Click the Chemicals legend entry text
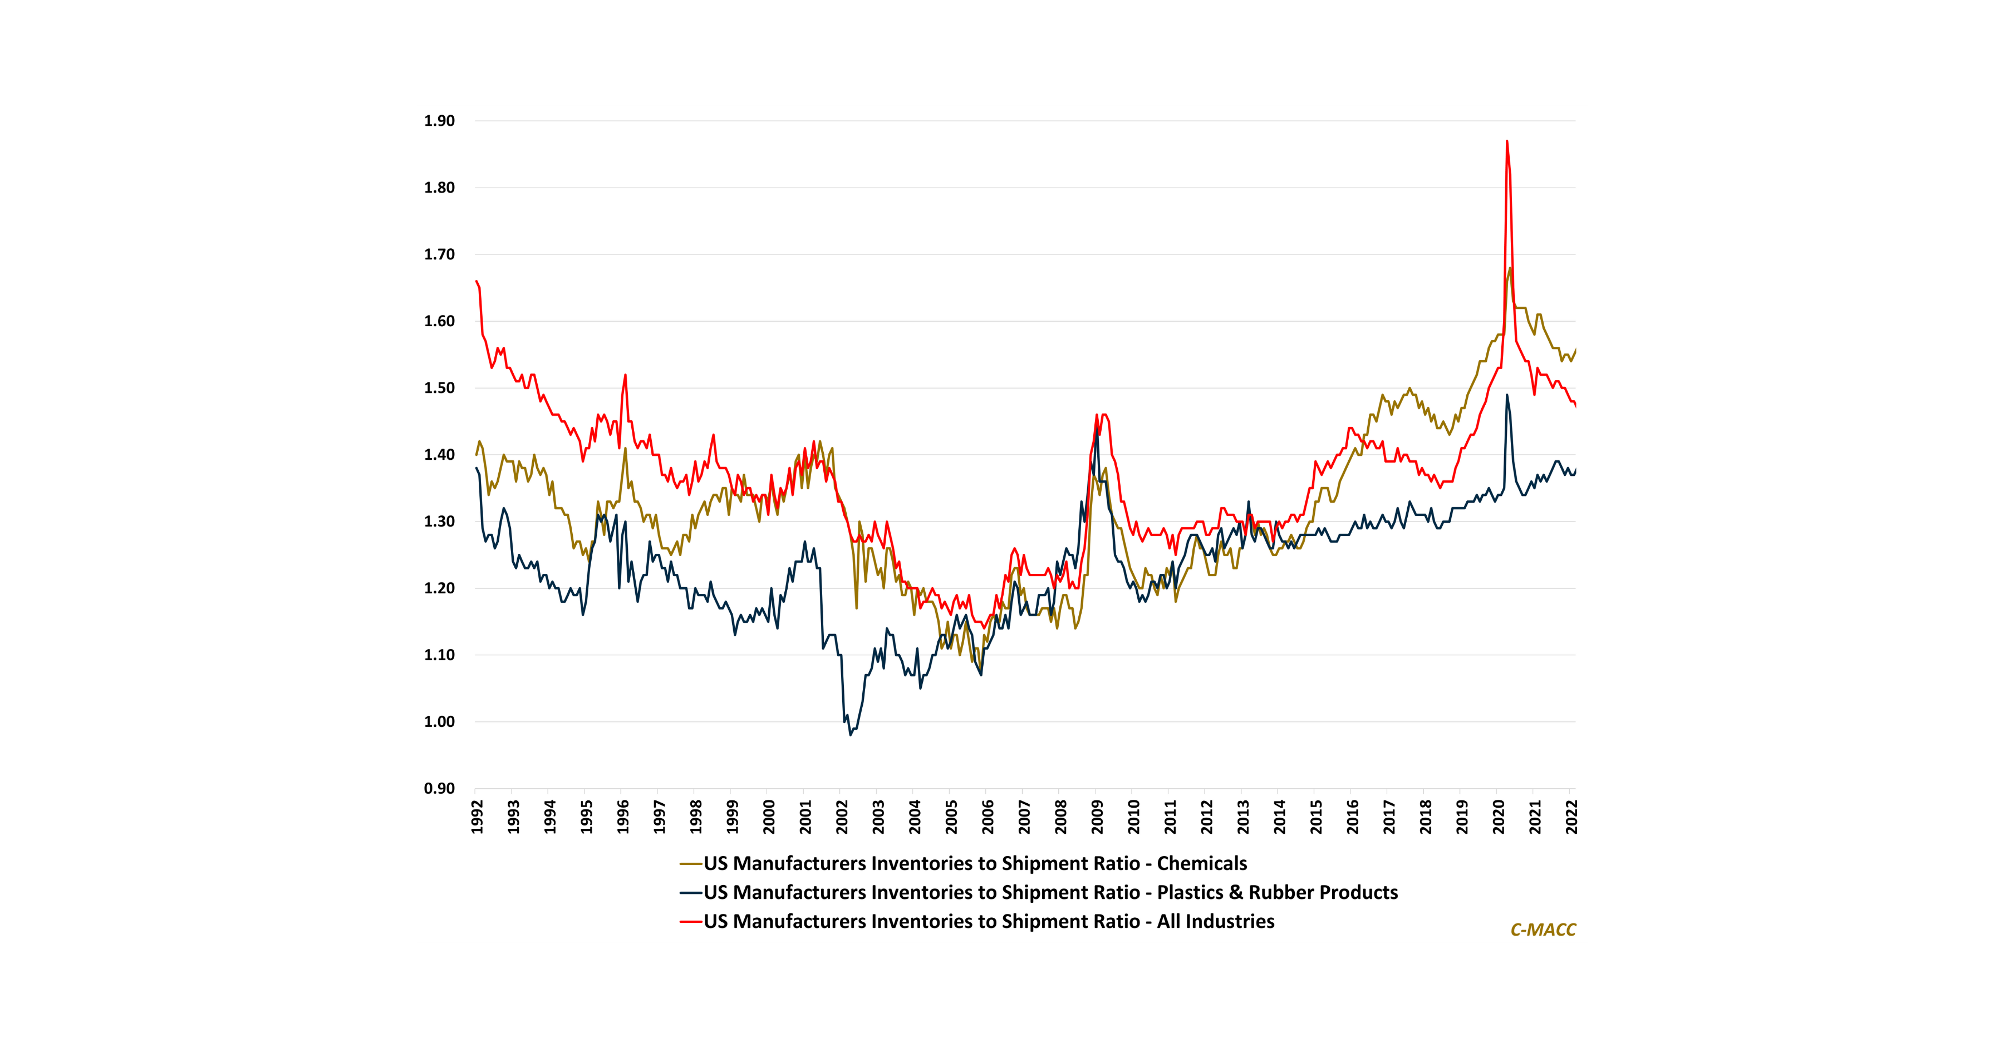tap(975, 863)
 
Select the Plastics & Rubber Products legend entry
tap(1050, 892)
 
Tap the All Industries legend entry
tap(989, 921)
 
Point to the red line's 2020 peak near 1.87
tap(1507, 141)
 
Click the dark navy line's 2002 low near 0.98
tap(850, 734)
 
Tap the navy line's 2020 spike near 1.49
tap(1507, 395)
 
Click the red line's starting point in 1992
tap(476, 282)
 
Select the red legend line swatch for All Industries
tap(691, 922)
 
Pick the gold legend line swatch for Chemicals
tap(691, 863)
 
